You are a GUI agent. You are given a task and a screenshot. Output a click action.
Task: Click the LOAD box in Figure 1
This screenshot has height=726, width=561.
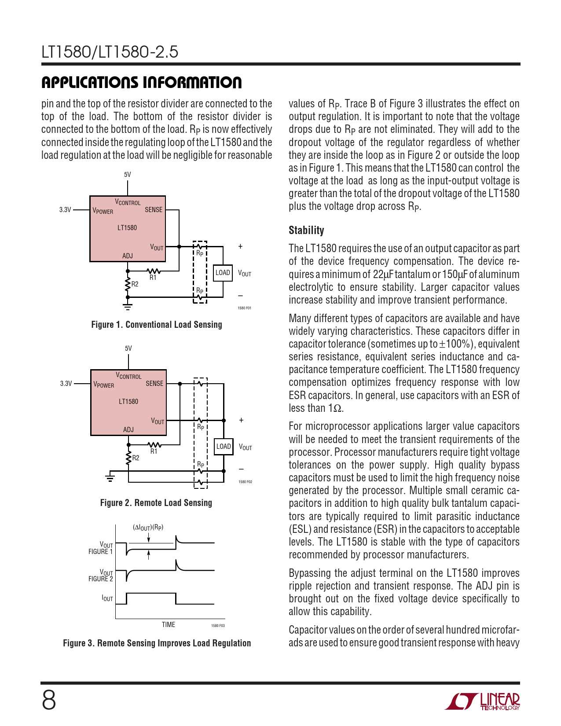pos(223,273)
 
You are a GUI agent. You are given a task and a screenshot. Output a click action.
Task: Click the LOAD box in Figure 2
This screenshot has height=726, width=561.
pos(224,447)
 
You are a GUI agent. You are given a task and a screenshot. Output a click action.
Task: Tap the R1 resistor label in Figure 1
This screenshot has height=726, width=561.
pos(153,278)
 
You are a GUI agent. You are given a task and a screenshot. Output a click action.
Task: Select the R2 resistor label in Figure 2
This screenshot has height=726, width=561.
pos(136,458)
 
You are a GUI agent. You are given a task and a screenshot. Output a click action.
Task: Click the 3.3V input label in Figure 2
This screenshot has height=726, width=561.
pos(66,384)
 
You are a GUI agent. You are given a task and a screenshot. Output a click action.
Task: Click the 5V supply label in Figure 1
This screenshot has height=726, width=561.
pos(127,175)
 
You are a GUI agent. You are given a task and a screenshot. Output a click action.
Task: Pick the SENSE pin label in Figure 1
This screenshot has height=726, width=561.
pos(154,210)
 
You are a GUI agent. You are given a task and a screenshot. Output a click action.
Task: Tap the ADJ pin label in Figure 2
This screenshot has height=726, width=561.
pos(128,429)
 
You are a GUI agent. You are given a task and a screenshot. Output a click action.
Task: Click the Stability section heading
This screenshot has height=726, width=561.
pos(306,231)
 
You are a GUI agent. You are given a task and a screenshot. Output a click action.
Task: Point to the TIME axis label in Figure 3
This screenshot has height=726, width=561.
pos(168,625)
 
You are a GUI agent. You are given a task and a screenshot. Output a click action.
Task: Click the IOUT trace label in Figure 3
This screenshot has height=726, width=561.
pos(107,598)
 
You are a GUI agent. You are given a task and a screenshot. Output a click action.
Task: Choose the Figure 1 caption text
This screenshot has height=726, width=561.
pos(157,325)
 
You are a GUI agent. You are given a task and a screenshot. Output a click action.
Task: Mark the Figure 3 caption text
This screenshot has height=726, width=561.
pos(157,643)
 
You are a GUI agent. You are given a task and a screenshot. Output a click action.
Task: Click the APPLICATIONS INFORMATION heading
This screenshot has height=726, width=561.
pos(141,82)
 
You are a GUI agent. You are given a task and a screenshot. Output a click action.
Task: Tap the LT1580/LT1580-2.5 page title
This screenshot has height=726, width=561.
pos(110,52)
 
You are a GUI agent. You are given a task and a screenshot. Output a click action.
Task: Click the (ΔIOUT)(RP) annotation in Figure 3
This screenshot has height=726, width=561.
pos(148,528)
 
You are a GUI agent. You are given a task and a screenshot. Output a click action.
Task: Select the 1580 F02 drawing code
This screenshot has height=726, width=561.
pos(245,482)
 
